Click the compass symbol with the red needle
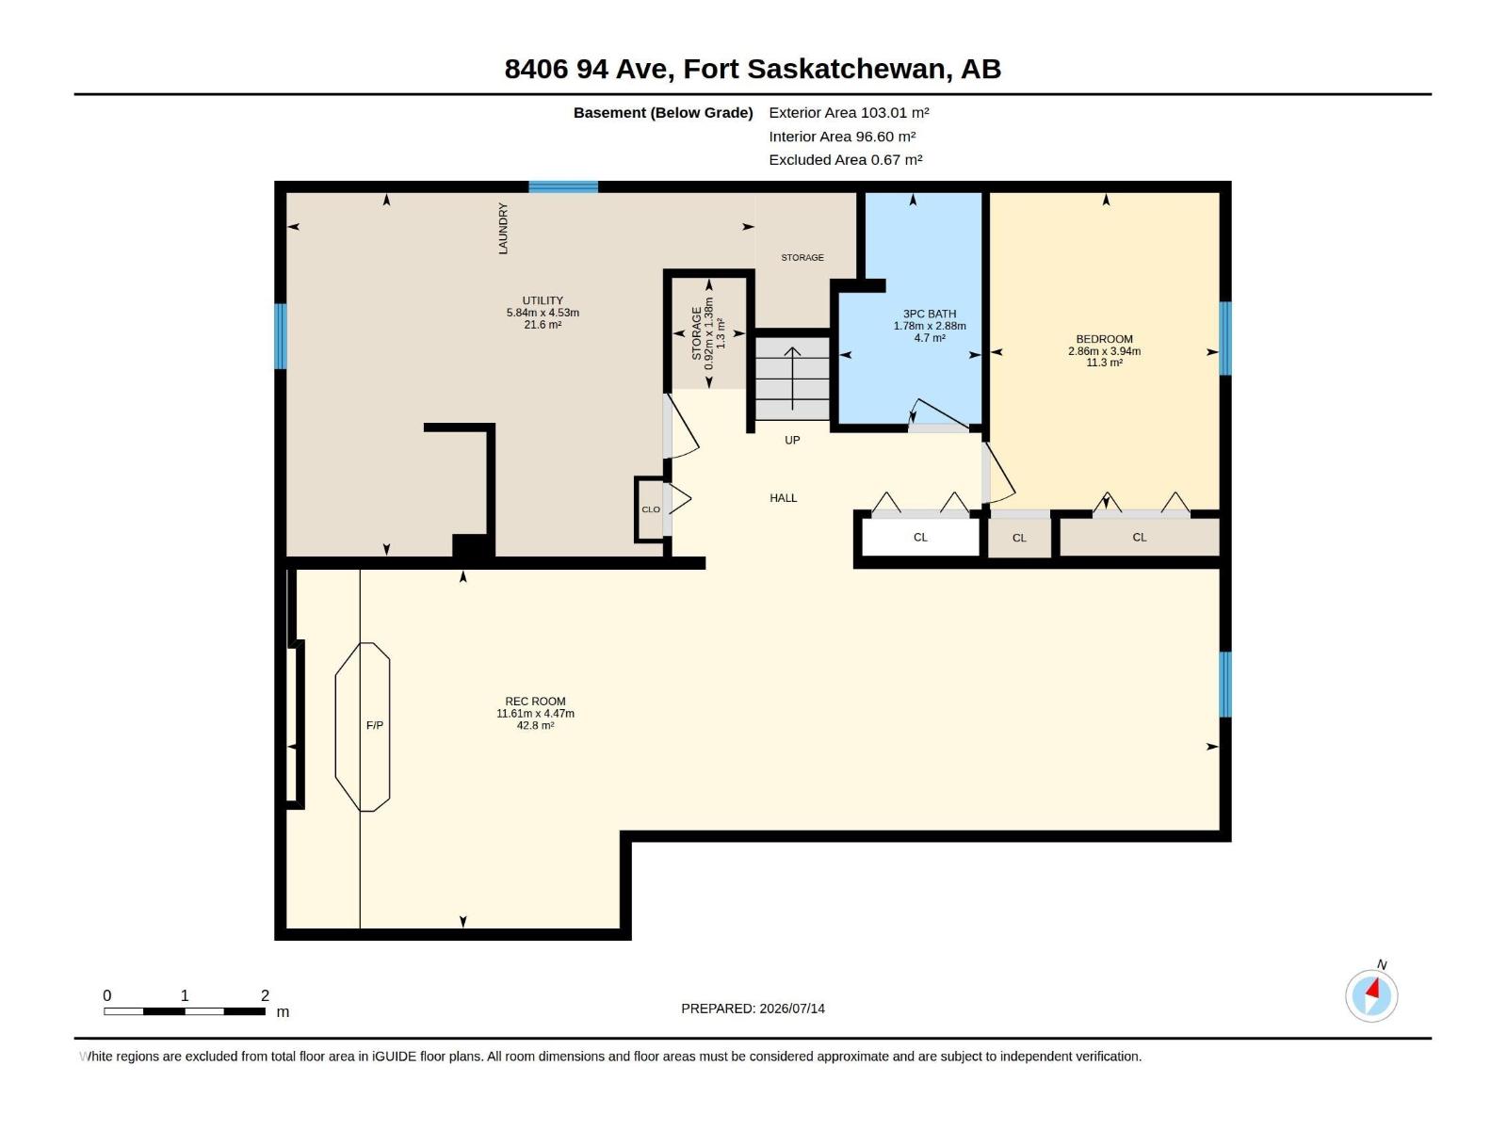[1371, 995]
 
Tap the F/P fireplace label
[374, 725]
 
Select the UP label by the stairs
[792, 441]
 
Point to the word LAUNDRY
[503, 229]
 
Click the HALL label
[784, 498]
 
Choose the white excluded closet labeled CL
[920, 537]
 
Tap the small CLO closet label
[651, 509]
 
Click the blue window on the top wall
[563, 186]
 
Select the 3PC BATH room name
[930, 314]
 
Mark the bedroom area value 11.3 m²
[1104, 363]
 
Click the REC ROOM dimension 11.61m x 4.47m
[536, 714]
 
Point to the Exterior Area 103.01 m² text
[849, 112]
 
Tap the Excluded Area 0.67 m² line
[845, 160]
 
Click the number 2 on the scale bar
[265, 995]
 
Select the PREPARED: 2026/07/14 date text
[753, 1009]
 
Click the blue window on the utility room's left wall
[280, 336]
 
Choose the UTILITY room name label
[543, 300]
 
